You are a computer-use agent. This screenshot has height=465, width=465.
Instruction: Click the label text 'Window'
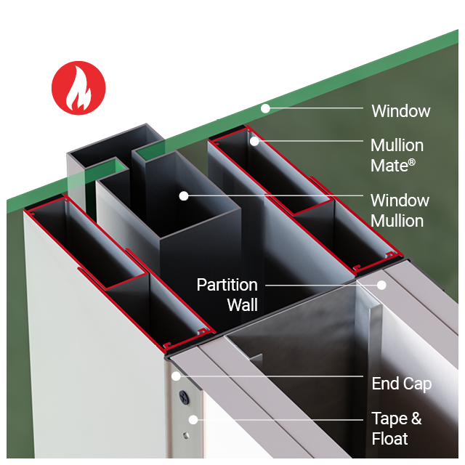click(x=401, y=111)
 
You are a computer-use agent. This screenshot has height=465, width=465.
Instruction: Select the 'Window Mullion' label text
click(x=400, y=210)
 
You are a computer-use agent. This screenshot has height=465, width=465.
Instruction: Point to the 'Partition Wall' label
click(x=227, y=294)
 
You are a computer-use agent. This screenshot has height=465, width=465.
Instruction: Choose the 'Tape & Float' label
click(x=396, y=428)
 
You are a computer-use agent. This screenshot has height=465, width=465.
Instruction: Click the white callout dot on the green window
click(x=266, y=108)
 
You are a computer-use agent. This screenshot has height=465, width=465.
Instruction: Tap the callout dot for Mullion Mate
click(x=255, y=141)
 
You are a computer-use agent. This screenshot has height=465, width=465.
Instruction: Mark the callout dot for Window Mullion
click(x=184, y=195)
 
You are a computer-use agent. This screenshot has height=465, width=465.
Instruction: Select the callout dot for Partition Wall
click(x=381, y=285)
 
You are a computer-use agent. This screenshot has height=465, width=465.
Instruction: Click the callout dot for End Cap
click(x=175, y=376)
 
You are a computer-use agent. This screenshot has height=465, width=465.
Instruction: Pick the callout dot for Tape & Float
click(x=193, y=419)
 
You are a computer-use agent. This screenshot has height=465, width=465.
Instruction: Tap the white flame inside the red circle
click(x=78, y=91)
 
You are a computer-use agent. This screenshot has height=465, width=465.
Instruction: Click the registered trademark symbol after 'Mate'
click(x=411, y=162)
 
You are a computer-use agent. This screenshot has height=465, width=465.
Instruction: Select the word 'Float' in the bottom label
click(x=389, y=438)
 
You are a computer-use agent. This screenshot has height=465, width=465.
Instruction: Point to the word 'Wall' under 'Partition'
click(x=242, y=304)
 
